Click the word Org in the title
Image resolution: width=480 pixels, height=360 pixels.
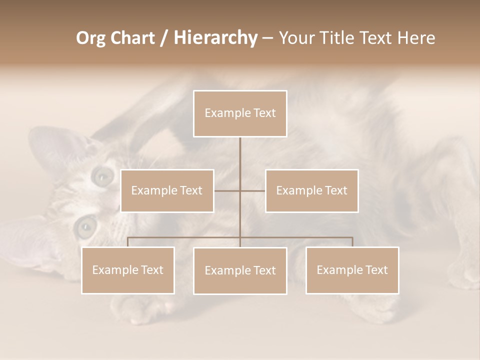pyautogui.click(x=90, y=38)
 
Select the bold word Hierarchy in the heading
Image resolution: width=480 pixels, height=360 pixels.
pyautogui.click(x=215, y=38)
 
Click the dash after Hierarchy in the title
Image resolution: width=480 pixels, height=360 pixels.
pyautogui.click(x=267, y=38)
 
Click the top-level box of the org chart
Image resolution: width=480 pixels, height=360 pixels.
pyautogui.click(x=240, y=113)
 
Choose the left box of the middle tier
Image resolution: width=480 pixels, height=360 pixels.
pyautogui.click(x=167, y=190)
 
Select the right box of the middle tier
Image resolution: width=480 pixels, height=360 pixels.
pyautogui.click(x=312, y=190)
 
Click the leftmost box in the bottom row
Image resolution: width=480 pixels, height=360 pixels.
pyautogui.click(x=128, y=270)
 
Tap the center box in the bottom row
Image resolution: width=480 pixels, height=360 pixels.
pyautogui.click(x=240, y=270)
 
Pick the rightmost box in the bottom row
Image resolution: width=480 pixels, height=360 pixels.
pyautogui.click(x=352, y=270)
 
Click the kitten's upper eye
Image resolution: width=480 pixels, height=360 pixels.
pyautogui.click(x=103, y=175)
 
